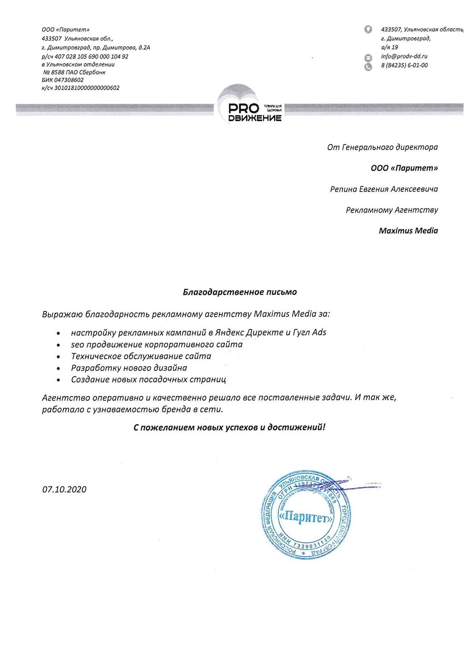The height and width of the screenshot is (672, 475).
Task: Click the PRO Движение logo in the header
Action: (250, 105)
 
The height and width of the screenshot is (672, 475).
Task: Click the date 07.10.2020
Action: (64, 489)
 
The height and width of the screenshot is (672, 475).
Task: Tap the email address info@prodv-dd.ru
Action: (404, 56)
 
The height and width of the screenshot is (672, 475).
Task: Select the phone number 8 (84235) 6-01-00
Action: (404, 66)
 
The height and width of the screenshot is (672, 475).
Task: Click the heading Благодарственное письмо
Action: (240, 292)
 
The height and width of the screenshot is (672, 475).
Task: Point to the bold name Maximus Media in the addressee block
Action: (408, 231)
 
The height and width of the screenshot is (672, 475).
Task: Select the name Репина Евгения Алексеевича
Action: (384, 189)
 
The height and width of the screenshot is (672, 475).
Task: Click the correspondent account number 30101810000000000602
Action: (87, 88)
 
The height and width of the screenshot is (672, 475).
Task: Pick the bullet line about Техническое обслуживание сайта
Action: (141, 356)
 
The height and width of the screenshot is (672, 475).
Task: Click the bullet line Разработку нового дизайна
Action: (129, 368)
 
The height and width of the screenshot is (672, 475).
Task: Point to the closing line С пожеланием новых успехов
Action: (229, 428)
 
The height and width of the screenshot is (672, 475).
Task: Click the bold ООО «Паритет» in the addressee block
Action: (404, 168)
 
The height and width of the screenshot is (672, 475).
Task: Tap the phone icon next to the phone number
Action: (368, 66)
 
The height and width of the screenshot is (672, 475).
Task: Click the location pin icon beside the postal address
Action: (368, 29)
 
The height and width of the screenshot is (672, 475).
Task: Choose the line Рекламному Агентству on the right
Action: (392, 210)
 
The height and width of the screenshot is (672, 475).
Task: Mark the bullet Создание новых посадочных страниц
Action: (148, 380)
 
